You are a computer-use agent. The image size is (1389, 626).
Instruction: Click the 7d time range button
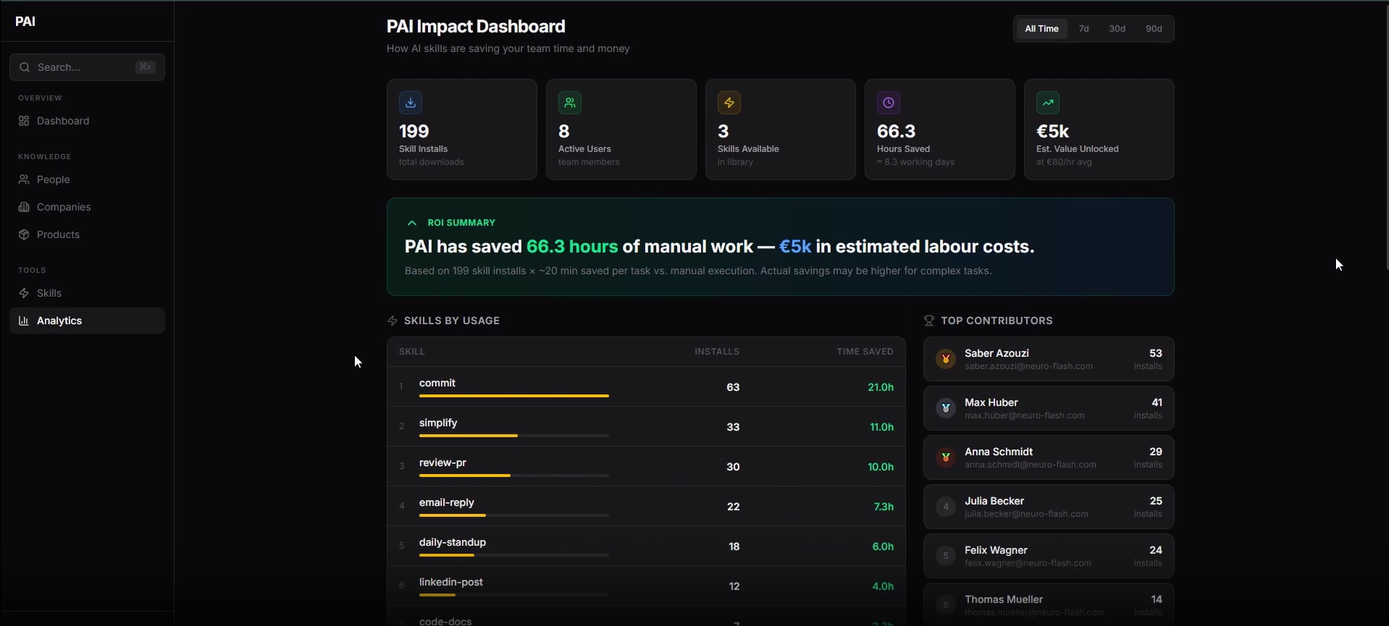point(1083,29)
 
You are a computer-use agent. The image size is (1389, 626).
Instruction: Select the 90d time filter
point(1153,29)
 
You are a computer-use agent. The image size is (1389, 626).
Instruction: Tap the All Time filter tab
point(1041,29)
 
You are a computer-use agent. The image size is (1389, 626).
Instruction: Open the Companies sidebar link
point(63,207)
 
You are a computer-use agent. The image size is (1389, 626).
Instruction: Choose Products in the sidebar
point(58,235)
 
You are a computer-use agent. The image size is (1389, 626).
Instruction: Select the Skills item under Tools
point(49,294)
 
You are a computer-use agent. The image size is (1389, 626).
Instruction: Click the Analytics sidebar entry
point(59,321)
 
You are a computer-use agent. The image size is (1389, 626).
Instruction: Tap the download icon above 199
point(411,103)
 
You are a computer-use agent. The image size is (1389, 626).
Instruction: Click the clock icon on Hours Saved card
point(888,103)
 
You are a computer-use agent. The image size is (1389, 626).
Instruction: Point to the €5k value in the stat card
point(1052,131)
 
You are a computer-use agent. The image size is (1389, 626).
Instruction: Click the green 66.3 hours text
point(572,247)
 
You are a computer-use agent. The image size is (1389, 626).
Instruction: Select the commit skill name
point(437,383)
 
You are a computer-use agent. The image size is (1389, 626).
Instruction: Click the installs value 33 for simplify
point(733,427)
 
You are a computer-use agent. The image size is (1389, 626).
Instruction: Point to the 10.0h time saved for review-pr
point(880,467)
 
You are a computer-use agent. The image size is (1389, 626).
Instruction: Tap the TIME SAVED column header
point(864,352)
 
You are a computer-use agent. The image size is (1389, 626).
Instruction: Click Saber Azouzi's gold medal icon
point(946,359)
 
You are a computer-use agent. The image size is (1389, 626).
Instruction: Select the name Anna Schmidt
point(999,452)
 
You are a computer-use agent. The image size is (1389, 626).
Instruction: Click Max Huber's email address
point(1024,416)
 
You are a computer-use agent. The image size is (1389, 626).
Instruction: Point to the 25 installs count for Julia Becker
point(1155,501)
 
